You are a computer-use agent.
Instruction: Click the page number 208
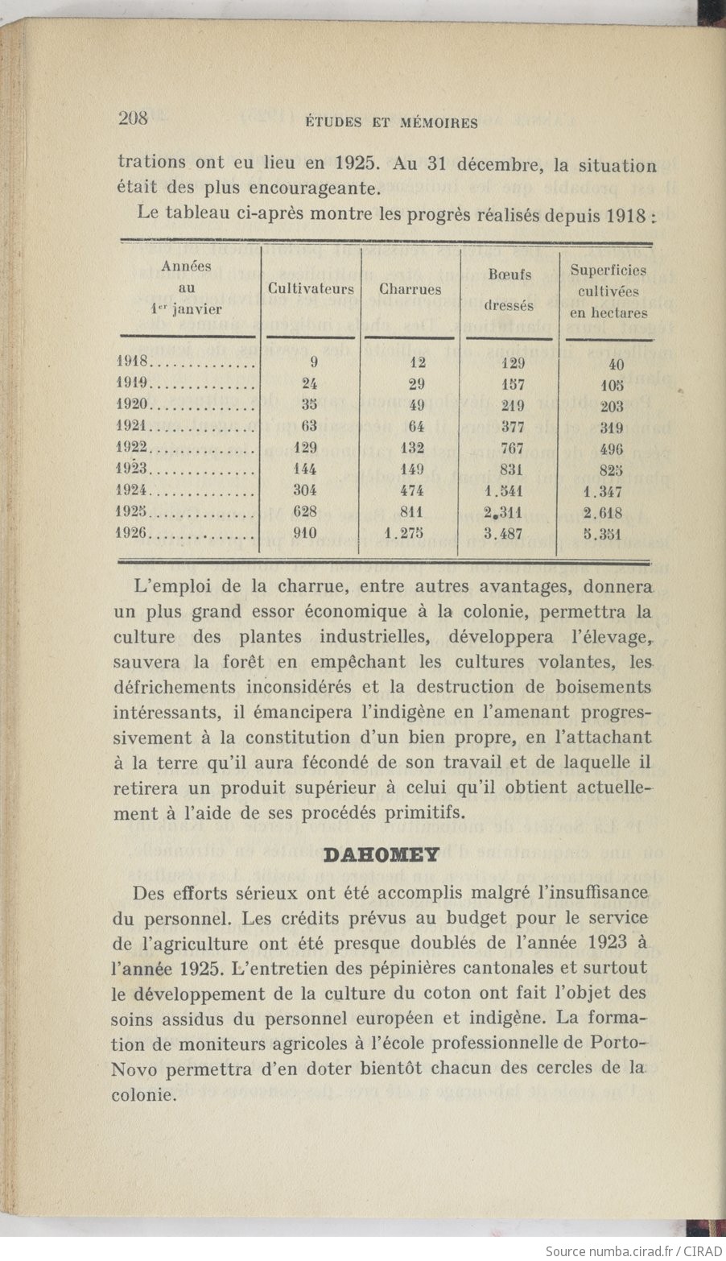[x=133, y=118]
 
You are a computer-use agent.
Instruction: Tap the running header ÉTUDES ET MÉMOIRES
[x=392, y=123]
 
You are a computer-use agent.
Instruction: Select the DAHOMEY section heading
[x=382, y=854]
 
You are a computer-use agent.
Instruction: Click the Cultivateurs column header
[x=311, y=289]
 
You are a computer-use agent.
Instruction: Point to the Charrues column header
[x=410, y=289]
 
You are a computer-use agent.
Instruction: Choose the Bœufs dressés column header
[x=509, y=290]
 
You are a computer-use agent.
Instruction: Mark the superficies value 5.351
[x=603, y=534]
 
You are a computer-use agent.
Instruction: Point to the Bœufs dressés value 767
[x=511, y=449]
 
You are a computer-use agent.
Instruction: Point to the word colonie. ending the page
[x=144, y=1095]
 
